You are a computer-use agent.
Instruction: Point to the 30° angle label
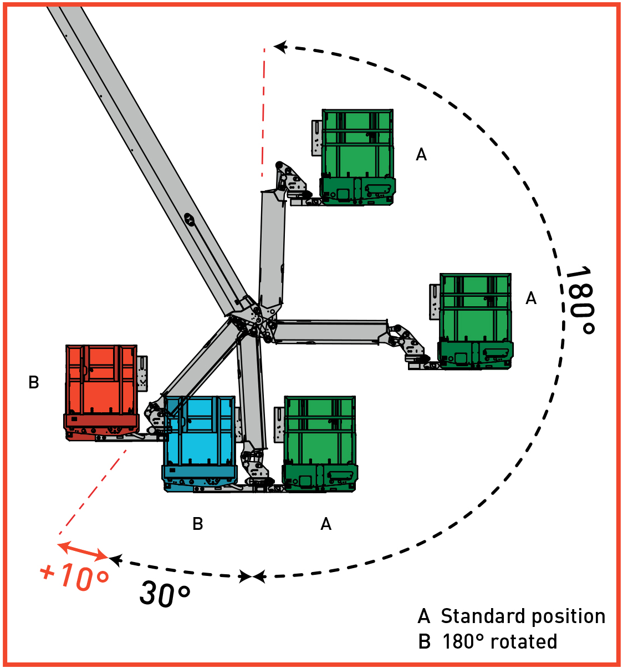coord(165,593)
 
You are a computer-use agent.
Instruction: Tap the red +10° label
coord(75,576)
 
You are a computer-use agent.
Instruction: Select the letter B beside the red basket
coord(34,382)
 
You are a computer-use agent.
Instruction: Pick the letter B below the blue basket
coord(198,524)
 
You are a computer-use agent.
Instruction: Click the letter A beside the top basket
coord(421,154)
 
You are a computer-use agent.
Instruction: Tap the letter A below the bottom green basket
coord(326,524)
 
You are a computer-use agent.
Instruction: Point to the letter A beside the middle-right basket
coord(531,298)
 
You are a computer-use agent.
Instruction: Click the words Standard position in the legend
coord(523,616)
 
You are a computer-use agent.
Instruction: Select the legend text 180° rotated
coord(499,642)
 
